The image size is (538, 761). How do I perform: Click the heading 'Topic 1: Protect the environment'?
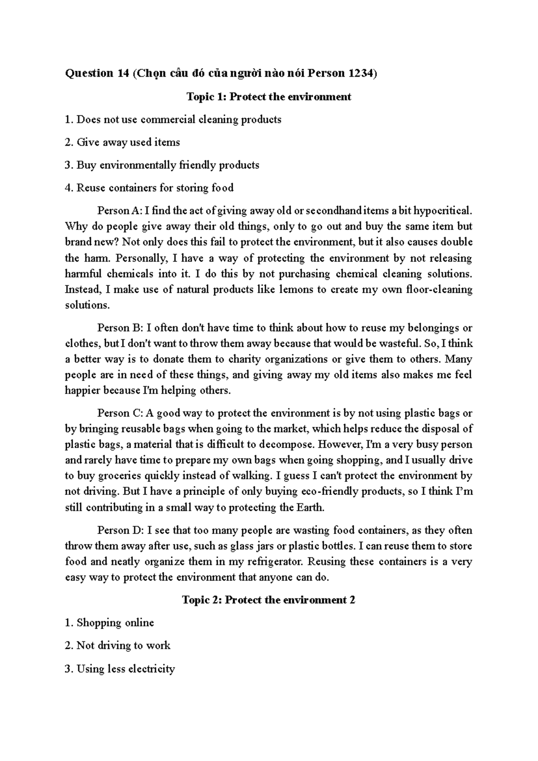click(x=269, y=96)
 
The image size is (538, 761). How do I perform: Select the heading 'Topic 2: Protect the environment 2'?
click(x=269, y=600)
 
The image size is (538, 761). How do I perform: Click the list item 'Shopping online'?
click(x=115, y=623)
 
